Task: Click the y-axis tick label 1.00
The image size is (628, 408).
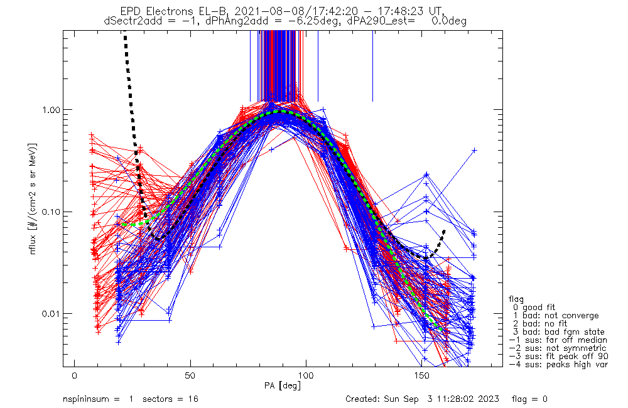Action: click(x=50, y=109)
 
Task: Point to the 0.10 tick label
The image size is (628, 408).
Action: click(x=50, y=212)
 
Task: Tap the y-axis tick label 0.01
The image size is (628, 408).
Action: click(x=50, y=313)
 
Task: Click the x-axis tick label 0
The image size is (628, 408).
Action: click(x=75, y=375)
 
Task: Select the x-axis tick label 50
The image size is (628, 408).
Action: click(x=190, y=375)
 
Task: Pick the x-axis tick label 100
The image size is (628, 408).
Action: click(x=306, y=375)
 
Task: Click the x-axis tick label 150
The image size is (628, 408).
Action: click(x=422, y=375)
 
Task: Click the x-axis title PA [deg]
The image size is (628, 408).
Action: click(x=283, y=385)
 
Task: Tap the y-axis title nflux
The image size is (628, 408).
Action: click(x=33, y=244)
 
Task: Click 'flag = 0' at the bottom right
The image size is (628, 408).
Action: click(x=529, y=399)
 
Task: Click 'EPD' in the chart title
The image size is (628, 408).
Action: click(x=129, y=11)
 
